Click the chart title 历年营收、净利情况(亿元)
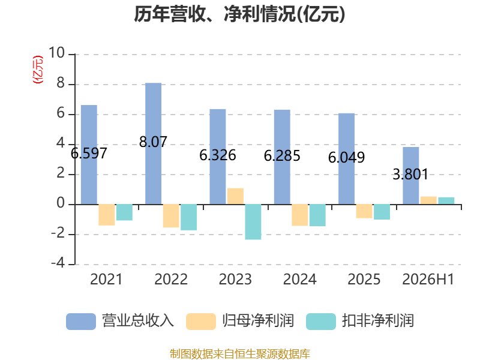pyautogui.click(x=239, y=14)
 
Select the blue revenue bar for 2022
pyautogui.click(x=154, y=143)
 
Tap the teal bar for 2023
pyautogui.click(x=253, y=221)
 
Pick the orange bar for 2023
pyautogui.click(x=235, y=196)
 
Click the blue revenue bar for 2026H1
pyautogui.click(x=411, y=176)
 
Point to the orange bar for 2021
pyautogui.click(x=107, y=215)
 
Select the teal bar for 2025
pyautogui.click(x=382, y=212)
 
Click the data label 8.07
pyautogui.click(x=153, y=142)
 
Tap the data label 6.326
pyautogui.click(x=218, y=155)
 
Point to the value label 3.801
pyautogui.click(x=410, y=175)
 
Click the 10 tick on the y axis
pyautogui.click(x=56, y=53)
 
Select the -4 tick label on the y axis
pyautogui.click(x=58, y=263)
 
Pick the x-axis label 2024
pyautogui.click(x=299, y=279)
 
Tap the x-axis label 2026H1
pyautogui.click(x=428, y=279)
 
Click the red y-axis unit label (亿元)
pyautogui.click(x=38, y=70)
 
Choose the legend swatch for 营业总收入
pyautogui.click(x=81, y=322)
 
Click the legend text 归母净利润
pyautogui.click(x=258, y=321)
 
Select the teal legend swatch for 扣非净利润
pyautogui.click(x=321, y=322)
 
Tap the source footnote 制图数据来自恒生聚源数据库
pyautogui.click(x=240, y=353)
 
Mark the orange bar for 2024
pyautogui.click(x=299, y=215)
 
